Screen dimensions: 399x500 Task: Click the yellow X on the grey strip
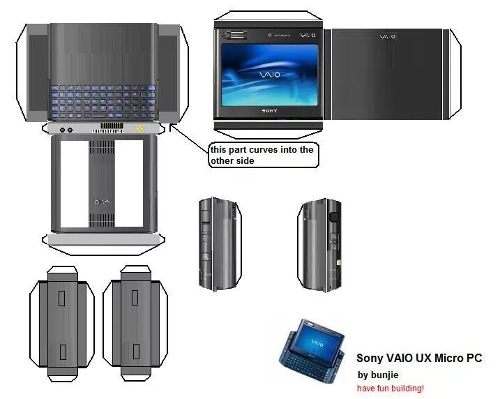coord(140,129)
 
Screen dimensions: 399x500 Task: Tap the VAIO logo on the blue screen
coord(268,75)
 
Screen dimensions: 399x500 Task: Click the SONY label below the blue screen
coord(269,111)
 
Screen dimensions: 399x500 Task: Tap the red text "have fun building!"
coord(390,388)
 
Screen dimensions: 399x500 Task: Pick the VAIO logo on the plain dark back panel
coord(388,36)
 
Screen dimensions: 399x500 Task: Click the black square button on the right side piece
coord(333,217)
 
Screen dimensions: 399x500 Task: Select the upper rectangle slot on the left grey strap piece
coord(61,298)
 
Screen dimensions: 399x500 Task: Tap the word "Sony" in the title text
coord(370,359)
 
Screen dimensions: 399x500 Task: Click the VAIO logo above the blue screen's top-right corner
coord(308,35)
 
